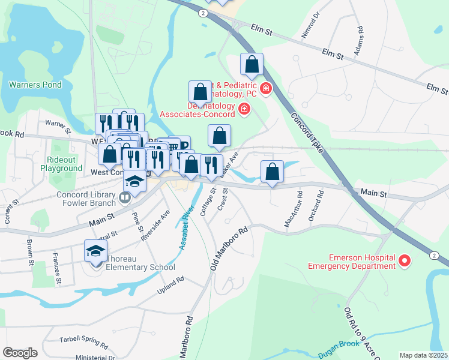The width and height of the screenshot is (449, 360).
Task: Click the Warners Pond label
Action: [35, 85]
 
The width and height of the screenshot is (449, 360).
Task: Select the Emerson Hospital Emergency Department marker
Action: [405, 260]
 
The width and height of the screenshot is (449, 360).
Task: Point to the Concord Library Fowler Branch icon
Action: [125, 197]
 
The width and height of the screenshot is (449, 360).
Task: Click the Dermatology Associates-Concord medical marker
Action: [244, 109]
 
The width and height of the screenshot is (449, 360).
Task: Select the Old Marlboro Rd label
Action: [229, 247]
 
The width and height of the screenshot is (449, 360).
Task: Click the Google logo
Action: [20, 352]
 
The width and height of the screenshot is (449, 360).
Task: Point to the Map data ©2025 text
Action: [423, 355]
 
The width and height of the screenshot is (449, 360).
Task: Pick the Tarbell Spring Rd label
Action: [83, 341]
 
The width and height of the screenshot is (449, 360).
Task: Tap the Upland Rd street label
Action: [169, 281]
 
